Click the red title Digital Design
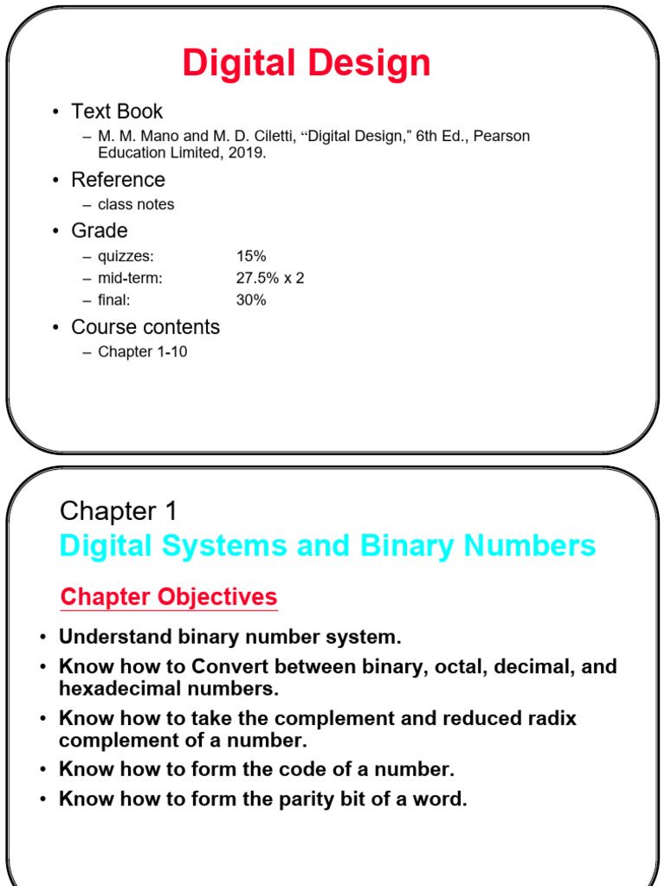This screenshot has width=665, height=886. click(307, 64)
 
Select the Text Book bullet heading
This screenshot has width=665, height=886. click(117, 112)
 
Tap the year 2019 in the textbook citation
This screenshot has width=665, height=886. click(248, 153)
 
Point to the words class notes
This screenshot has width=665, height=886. click(136, 204)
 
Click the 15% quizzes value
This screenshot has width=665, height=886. click(251, 256)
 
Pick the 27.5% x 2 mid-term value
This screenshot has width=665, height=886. click(270, 279)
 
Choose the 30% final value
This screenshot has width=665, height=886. click(251, 300)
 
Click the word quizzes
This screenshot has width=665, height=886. click(126, 256)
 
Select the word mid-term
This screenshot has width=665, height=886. click(130, 279)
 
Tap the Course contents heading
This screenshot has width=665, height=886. click(145, 327)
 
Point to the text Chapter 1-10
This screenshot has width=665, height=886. click(143, 352)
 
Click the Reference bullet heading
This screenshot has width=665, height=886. click(118, 180)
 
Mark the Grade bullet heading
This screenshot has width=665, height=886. click(100, 231)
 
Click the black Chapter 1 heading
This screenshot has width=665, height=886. click(119, 511)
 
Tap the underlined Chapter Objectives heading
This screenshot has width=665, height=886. click(169, 597)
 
